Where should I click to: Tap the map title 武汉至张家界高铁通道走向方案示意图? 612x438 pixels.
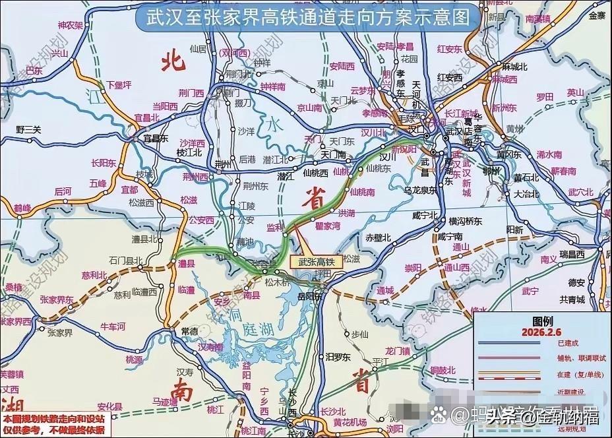pos(305,16)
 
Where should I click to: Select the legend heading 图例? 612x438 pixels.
pos(542,322)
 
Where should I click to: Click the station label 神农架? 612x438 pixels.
pos(69,26)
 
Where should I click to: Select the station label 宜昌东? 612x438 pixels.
pos(156,139)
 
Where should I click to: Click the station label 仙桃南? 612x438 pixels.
pos(362,192)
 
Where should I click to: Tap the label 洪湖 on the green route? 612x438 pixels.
pos(346,213)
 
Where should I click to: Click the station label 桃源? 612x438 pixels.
pos(134,360)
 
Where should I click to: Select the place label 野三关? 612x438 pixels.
pos(28,129)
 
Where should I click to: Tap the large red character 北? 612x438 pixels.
pos(172,61)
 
